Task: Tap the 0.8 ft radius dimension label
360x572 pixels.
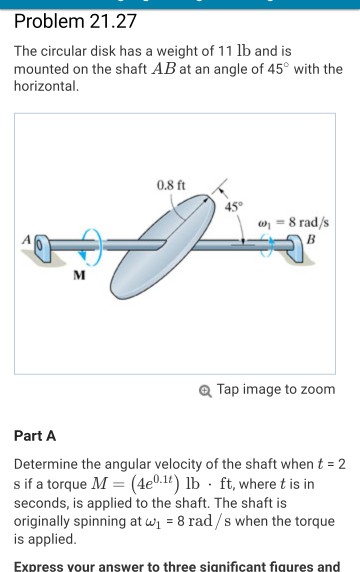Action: [171, 185]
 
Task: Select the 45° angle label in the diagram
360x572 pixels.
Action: [233, 207]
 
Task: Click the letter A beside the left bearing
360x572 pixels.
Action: [27, 239]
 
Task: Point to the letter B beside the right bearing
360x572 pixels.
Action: [310, 239]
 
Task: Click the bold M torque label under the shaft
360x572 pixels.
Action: [79, 275]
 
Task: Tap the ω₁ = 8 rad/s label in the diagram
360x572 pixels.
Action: [294, 223]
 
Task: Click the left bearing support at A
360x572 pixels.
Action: [42, 249]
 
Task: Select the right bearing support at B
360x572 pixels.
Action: [295, 249]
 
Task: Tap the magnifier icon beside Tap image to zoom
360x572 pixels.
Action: [205, 391]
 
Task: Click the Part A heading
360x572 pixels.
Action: [35, 436]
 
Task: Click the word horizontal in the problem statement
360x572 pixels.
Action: [45, 86]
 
